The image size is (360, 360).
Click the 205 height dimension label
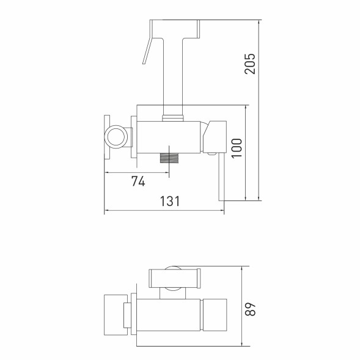point(250,64)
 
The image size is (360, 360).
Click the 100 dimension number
point(237,148)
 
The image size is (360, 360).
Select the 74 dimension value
point(138,181)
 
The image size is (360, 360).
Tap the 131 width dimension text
point(170,201)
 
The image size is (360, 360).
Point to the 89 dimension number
point(250,309)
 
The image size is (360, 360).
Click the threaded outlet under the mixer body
point(169,158)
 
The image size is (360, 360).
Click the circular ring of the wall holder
point(116,137)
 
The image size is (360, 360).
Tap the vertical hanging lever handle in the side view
point(221,177)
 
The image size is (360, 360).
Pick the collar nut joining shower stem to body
point(173,118)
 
